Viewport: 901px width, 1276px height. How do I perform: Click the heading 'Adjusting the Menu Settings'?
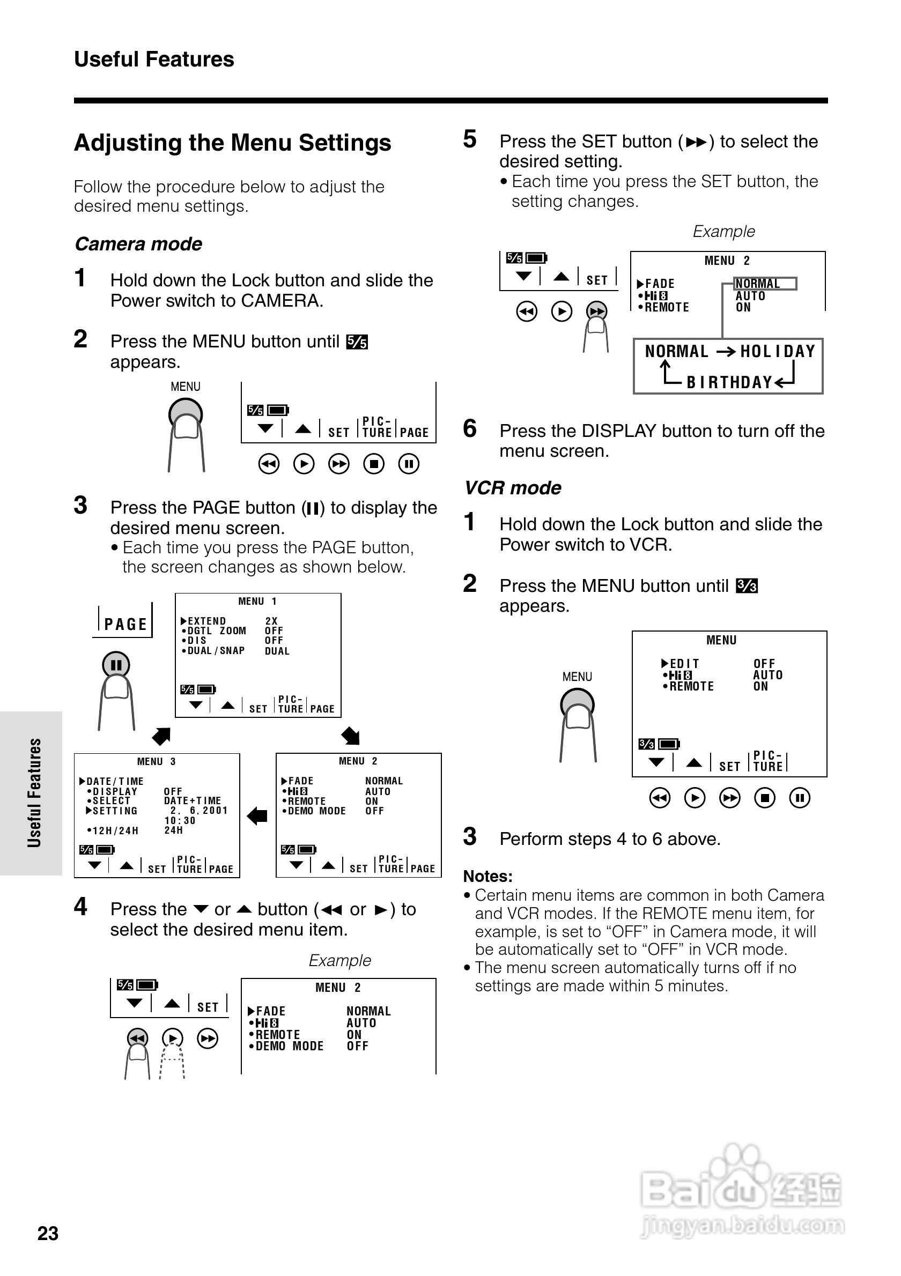pyautogui.click(x=232, y=143)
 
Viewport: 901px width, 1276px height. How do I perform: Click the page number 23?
pyautogui.click(x=48, y=1233)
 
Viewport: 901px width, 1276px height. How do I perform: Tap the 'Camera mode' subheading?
pyautogui.click(x=138, y=244)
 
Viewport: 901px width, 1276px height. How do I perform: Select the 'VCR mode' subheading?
pyautogui.click(x=513, y=488)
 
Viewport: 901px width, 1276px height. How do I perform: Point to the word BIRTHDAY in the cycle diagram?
pyautogui.click(x=729, y=382)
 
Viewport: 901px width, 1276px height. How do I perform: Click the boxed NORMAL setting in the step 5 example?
pyautogui.click(x=758, y=284)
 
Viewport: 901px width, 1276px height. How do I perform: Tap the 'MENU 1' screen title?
pyautogui.click(x=257, y=602)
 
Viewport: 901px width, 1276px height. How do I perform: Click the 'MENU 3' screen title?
pyautogui.click(x=156, y=761)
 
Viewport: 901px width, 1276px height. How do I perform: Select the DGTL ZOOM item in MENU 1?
pyautogui.click(x=216, y=631)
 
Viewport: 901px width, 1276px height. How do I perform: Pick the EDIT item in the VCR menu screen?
pyautogui.click(x=684, y=664)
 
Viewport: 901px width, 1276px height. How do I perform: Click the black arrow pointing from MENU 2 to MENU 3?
pyautogui.click(x=257, y=816)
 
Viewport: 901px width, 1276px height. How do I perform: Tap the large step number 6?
pyautogui.click(x=470, y=429)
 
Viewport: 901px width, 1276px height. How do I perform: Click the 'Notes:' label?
pyautogui.click(x=488, y=877)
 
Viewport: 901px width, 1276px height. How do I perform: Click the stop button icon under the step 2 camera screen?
pyautogui.click(x=373, y=464)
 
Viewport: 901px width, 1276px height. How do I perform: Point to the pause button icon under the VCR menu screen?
pyautogui.click(x=799, y=798)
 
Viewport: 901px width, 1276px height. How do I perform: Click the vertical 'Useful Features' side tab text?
pyautogui.click(x=34, y=793)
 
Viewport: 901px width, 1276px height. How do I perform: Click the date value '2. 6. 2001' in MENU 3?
pyautogui.click(x=198, y=811)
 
